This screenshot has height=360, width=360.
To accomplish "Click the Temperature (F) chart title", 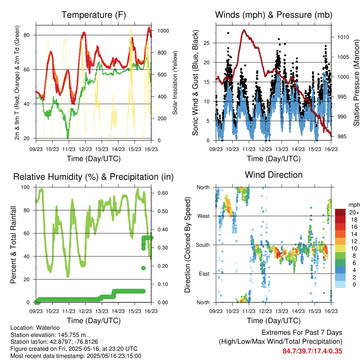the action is (x=94, y=15).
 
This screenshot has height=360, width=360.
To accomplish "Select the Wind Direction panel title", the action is (x=274, y=175).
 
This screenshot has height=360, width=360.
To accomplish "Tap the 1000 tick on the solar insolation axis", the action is (x=163, y=31).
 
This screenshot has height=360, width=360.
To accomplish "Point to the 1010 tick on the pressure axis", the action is (x=343, y=37).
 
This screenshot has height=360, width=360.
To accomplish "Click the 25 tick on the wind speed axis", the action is (x=206, y=43).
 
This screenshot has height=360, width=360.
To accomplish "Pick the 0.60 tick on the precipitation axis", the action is (x=163, y=193).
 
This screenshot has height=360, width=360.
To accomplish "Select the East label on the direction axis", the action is (x=204, y=274).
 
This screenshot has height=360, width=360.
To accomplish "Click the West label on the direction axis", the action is (x=204, y=216).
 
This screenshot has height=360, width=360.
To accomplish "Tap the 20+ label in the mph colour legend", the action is (x=354, y=212).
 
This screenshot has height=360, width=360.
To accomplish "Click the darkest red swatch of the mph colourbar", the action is (x=340, y=212).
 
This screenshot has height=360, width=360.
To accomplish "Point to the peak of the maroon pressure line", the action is (x=244, y=30).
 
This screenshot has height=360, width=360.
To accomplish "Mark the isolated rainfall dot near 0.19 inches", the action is (x=143, y=268).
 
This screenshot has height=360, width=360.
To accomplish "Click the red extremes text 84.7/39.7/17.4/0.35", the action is (x=312, y=351).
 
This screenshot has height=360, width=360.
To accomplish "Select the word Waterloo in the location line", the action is (x=48, y=328).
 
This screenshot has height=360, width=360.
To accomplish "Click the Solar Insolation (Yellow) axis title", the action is (x=175, y=83).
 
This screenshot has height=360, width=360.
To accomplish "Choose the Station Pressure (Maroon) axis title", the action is (x=356, y=83).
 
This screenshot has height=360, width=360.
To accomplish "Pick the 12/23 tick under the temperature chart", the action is (x=85, y=149).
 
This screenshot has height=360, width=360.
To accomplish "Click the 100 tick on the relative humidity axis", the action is (x=25, y=187).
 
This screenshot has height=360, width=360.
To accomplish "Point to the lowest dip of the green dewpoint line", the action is (x=68, y=137).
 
